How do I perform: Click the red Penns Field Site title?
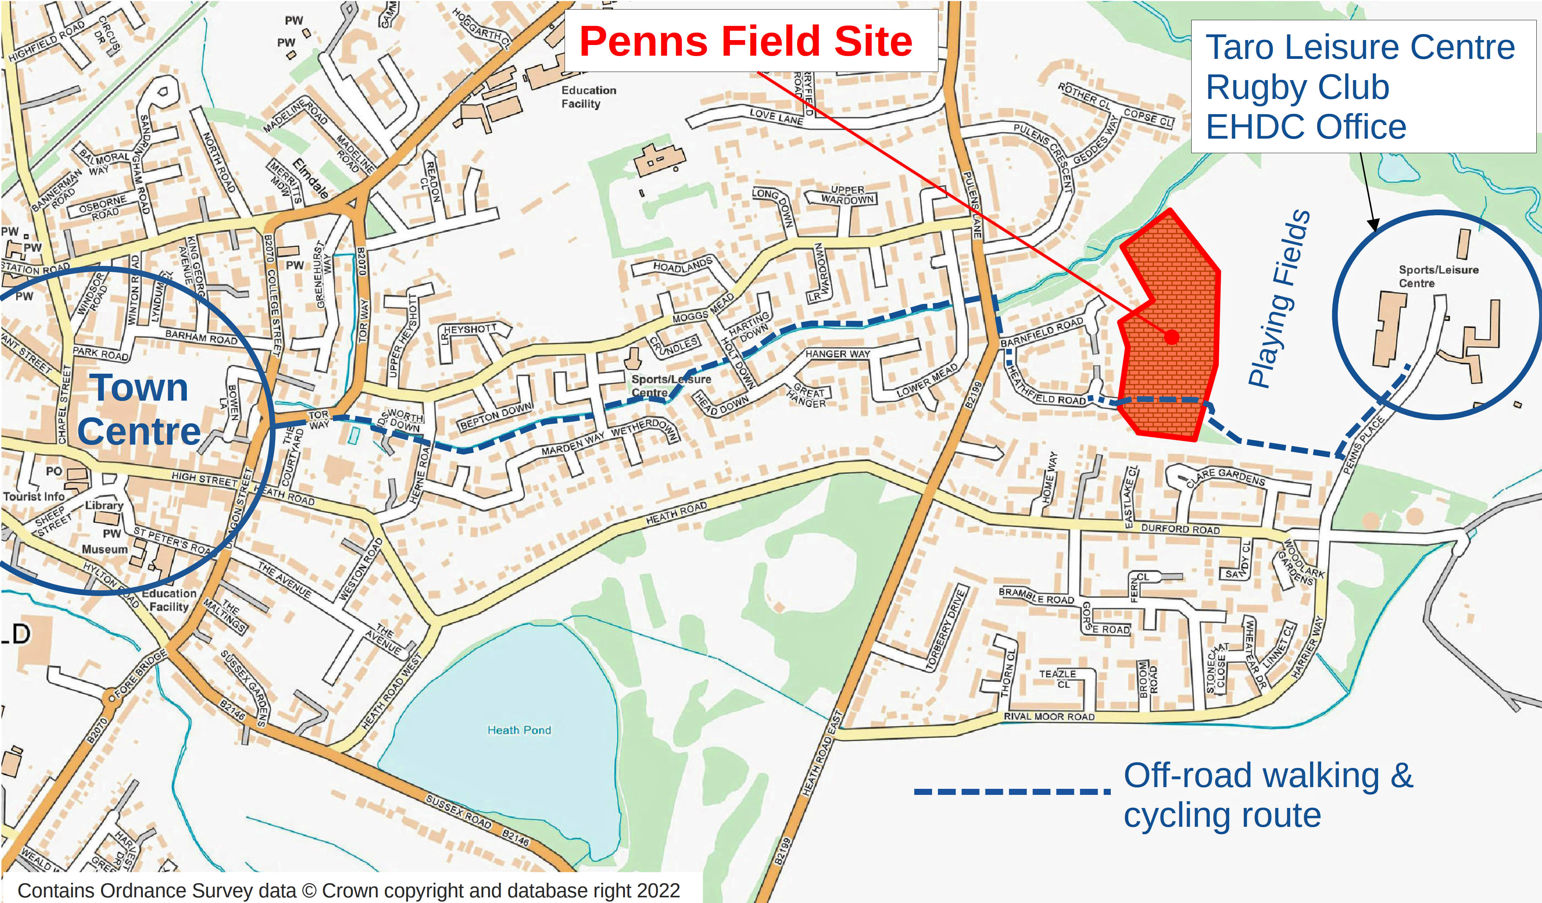pyautogui.click(x=745, y=41)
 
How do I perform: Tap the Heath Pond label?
pyautogui.click(x=519, y=730)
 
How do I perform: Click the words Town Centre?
pyautogui.click(x=139, y=410)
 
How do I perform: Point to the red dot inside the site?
pyautogui.click(x=1171, y=336)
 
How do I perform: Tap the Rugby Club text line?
pyautogui.click(x=1297, y=87)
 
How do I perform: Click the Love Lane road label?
pyautogui.click(x=776, y=116)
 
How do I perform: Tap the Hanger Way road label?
pyautogui.click(x=837, y=354)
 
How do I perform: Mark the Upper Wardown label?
pyautogui.click(x=848, y=195)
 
